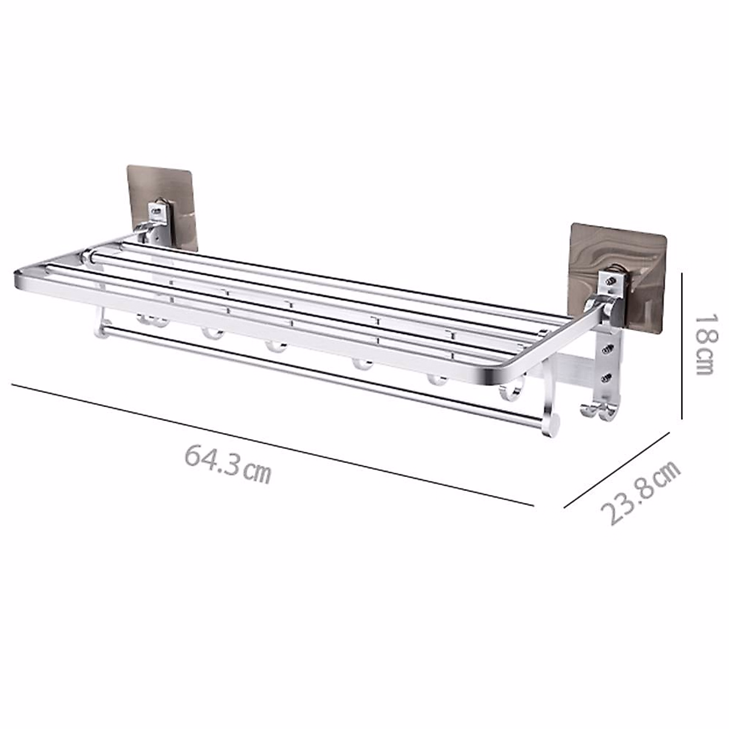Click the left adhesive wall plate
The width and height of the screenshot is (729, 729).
(x=162, y=204)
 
